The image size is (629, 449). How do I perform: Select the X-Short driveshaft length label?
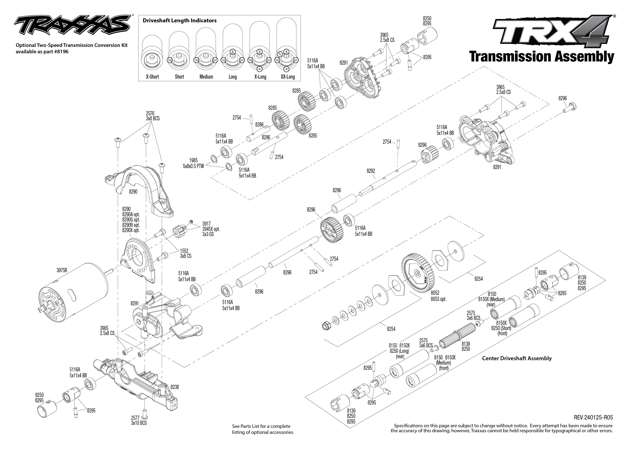(x=152, y=77)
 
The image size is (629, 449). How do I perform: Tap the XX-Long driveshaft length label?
(x=288, y=77)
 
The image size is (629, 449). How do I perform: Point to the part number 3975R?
(x=62, y=270)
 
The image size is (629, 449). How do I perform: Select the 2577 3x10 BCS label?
(x=139, y=420)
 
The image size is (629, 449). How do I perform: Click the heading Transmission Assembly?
(x=541, y=57)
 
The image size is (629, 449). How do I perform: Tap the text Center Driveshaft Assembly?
(x=517, y=358)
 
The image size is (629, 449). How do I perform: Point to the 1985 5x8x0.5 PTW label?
(x=193, y=163)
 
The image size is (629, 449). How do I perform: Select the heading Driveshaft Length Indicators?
(x=180, y=21)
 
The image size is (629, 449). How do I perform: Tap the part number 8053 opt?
(x=439, y=299)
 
